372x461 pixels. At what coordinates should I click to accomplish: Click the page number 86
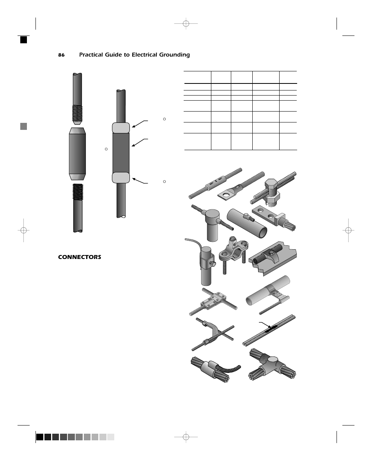click(61, 55)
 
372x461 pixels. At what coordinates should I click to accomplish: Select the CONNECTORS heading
click(80, 257)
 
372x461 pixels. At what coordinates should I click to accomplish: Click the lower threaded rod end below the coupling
click(78, 191)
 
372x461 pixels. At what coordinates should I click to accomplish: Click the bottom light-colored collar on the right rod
click(121, 177)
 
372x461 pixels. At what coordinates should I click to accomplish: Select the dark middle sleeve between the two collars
click(121, 152)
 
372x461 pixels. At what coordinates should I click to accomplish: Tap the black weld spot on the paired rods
click(270, 330)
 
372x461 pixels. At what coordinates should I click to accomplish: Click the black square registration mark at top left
click(24, 39)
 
